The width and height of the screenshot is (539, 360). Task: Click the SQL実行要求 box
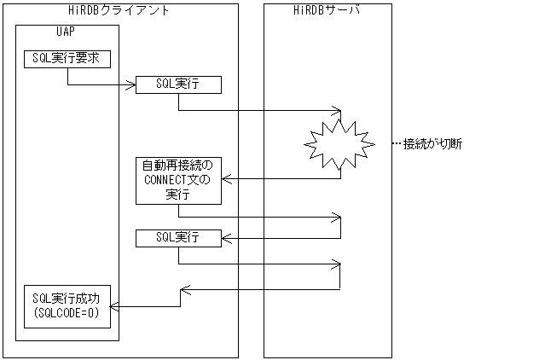point(67,59)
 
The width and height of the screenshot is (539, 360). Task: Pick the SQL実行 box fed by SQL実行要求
point(178,84)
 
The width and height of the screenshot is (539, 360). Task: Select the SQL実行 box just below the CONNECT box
point(178,237)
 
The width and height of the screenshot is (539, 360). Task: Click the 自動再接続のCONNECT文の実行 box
point(178,179)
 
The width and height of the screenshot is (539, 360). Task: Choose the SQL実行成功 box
point(67,305)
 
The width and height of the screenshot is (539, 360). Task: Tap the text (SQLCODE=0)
point(67,312)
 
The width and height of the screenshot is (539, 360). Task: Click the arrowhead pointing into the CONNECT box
point(227,179)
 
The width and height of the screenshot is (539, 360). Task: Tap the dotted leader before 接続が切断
point(397,143)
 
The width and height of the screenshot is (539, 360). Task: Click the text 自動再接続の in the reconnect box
point(178,165)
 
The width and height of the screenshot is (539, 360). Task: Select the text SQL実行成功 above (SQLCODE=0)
point(67,298)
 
